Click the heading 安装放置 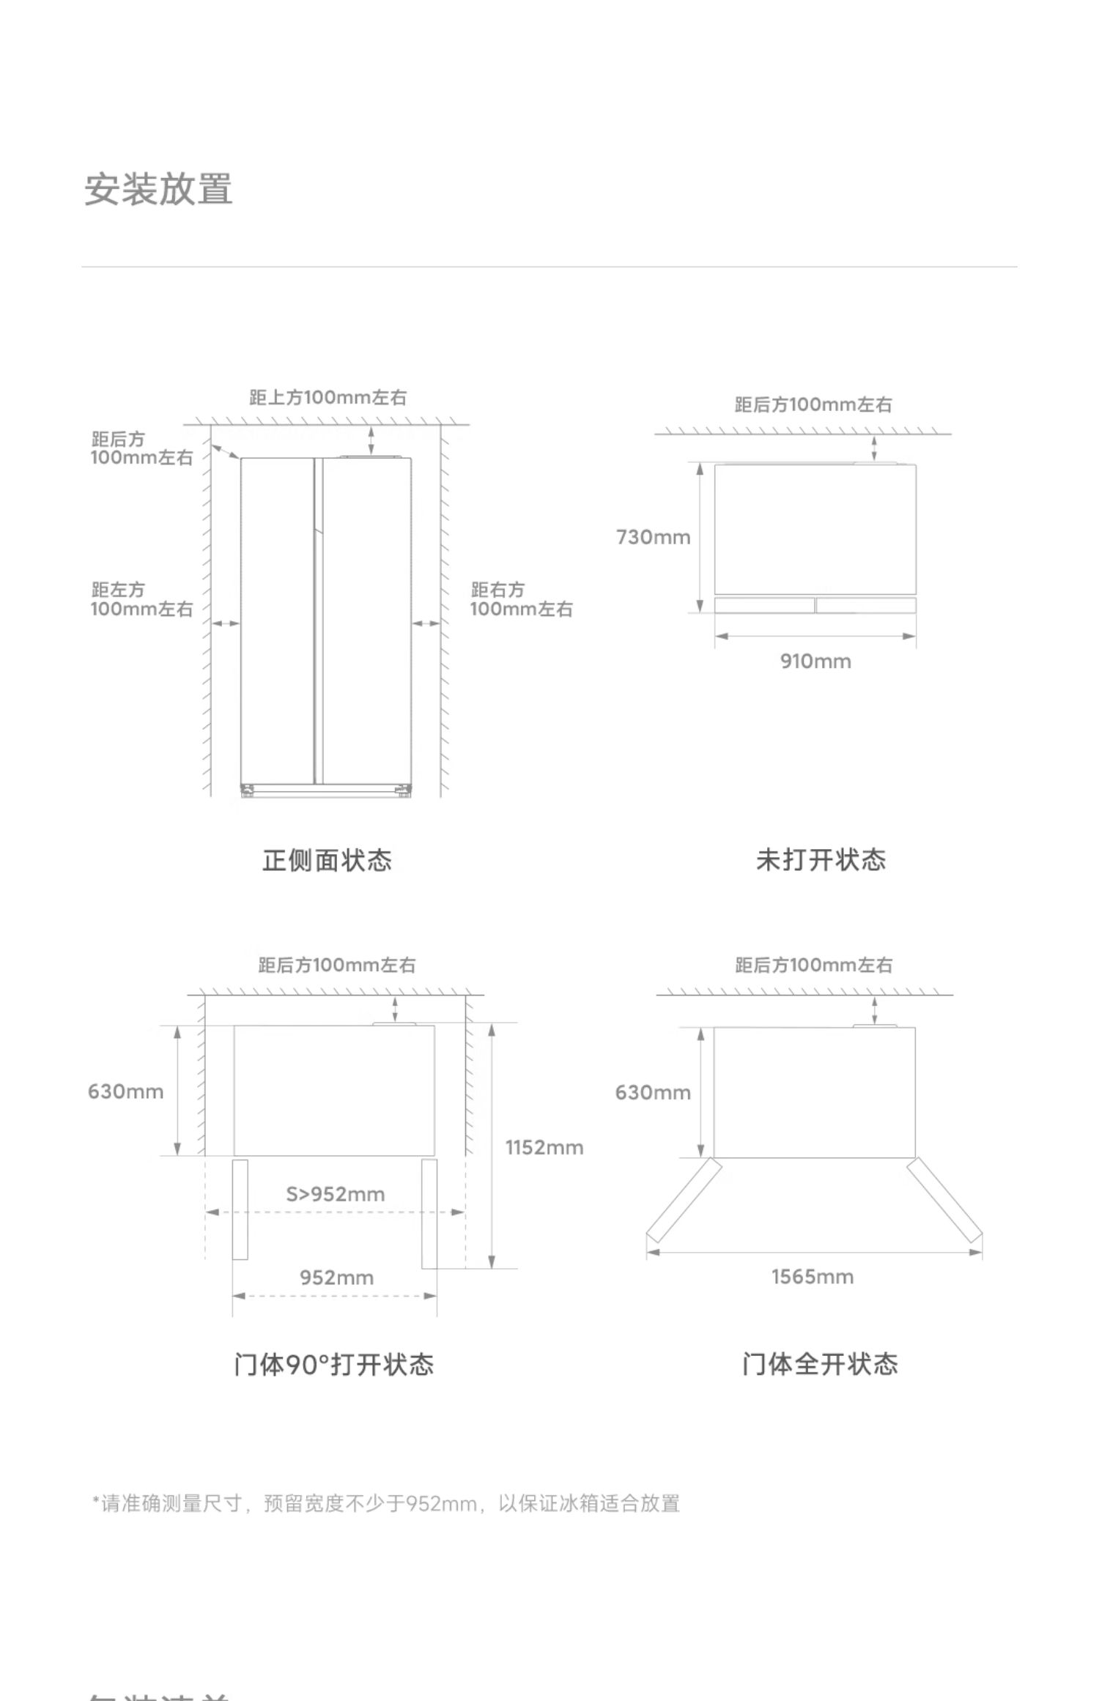point(159,189)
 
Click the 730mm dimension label point(653,537)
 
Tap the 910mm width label point(815,661)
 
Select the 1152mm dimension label point(544,1147)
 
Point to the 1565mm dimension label point(812,1277)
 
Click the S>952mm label point(335,1194)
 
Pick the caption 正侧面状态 point(327,860)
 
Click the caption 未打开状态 point(821,860)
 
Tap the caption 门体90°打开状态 point(334,1364)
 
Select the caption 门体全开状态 point(820,1364)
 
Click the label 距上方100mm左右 point(328,398)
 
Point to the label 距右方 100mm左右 point(521,599)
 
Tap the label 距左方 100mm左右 point(141,599)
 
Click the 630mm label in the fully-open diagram point(653,1092)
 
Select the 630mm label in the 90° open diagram point(125,1092)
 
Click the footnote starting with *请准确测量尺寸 point(386,1503)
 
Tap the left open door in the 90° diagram point(240,1209)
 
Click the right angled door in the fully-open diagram point(945,1199)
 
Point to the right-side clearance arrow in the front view point(426,623)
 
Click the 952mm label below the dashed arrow point(336,1278)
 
